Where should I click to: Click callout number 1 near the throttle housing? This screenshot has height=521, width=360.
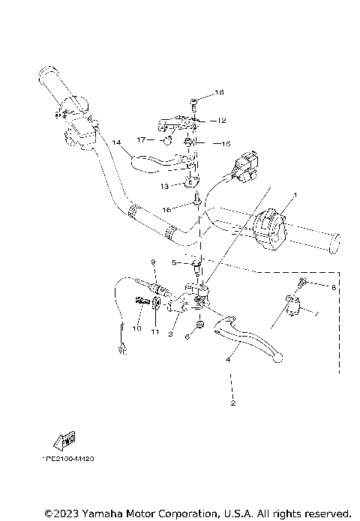(x=295, y=195)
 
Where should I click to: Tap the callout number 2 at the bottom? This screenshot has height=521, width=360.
(x=233, y=404)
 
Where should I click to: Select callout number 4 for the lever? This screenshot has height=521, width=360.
(x=227, y=359)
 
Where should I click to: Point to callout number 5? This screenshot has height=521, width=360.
(x=172, y=263)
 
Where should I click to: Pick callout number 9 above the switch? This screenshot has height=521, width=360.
(x=152, y=262)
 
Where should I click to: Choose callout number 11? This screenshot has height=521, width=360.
(x=156, y=331)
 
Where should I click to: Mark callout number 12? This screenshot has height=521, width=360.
(x=222, y=120)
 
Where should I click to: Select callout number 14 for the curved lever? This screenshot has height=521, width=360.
(x=115, y=142)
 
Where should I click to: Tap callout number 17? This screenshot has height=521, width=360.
(x=141, y=139)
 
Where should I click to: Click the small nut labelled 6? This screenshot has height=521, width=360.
(x=200, y=325)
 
